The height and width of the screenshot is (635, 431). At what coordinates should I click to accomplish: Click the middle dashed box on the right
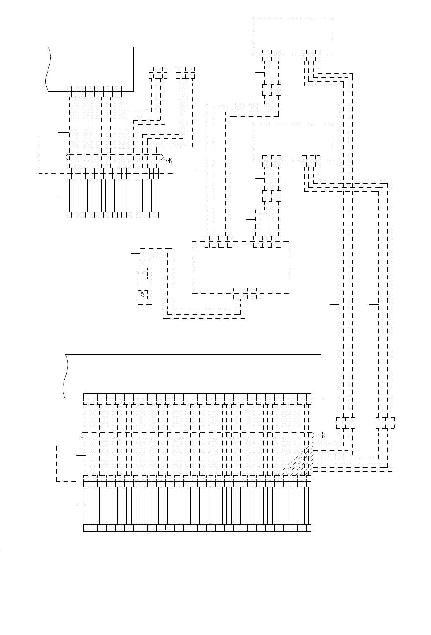tap(293, 142)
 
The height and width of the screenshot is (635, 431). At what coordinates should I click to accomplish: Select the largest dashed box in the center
tap(240, 267)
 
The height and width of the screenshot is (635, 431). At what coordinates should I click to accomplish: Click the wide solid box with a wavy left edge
tap(193, 376)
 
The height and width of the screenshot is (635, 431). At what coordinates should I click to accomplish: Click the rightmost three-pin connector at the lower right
tap(385, 420)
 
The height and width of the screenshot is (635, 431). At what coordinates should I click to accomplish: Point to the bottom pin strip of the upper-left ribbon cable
tap(112, 215)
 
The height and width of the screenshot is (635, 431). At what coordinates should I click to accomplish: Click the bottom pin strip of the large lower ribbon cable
tap(197, 528)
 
